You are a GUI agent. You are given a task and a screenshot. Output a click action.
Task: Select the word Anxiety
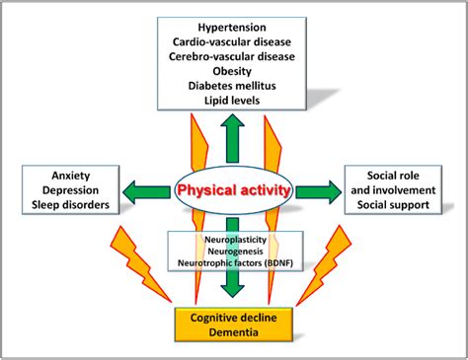(x=69, y=175)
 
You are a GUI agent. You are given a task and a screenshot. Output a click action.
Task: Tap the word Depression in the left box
(x=69, y=190)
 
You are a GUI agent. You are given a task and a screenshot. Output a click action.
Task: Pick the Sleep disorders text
(x=69, y=207)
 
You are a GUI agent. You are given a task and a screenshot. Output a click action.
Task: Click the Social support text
(x=400, y=207)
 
